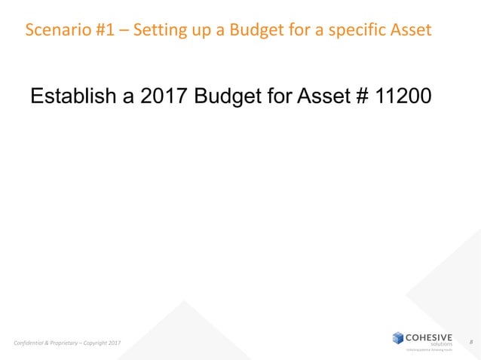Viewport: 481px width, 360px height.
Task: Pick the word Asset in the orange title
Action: click(412, 31)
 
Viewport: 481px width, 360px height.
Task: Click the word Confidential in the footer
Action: click(32, 344)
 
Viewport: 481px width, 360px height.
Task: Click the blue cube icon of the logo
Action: click(398, 337)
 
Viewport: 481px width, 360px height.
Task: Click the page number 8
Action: click(470, 343)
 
